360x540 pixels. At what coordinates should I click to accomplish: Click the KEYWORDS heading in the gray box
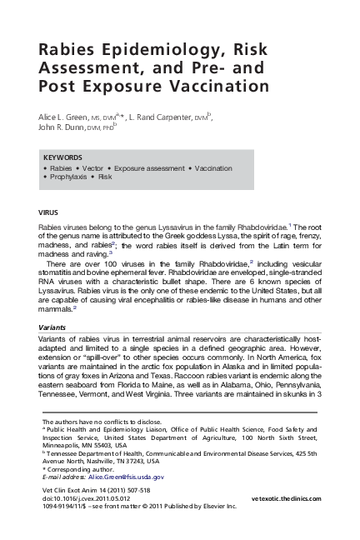62,157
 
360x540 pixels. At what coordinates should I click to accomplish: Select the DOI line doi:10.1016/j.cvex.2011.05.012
88,497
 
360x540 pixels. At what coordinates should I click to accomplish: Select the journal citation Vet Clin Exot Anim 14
80,489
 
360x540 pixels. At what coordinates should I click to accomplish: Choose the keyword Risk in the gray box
105,177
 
